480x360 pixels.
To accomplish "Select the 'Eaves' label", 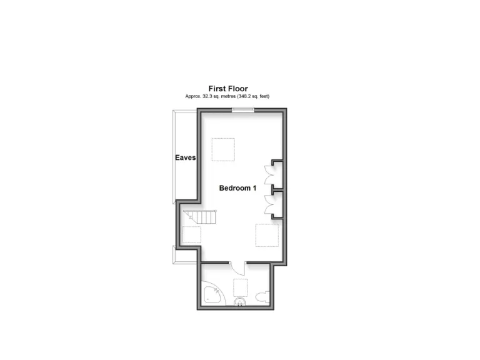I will (x=185, y=158).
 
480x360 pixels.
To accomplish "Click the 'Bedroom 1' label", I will (x=237, y=188).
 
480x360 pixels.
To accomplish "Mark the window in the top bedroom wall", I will (x=243, y=111).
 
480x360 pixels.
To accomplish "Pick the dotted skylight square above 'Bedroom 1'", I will (x=222, y=149).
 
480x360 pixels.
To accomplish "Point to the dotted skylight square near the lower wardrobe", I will (x=266, y=235).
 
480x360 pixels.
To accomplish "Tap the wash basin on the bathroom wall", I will (x=239, y=304).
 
